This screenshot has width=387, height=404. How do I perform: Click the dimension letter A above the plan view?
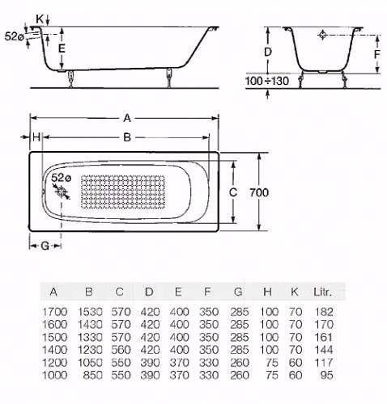click(127, 118)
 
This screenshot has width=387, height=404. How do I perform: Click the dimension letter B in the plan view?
click(127, 137)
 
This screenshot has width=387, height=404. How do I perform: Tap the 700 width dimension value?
click(259, 192)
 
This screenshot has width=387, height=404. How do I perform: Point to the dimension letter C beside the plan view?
click(233, 192)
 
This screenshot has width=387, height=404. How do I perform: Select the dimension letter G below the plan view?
click(45, 246)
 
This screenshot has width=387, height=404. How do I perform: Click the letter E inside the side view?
click(62, 48)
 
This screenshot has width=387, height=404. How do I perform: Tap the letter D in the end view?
click(267, 52)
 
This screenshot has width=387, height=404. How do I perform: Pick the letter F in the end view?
click(377, 55)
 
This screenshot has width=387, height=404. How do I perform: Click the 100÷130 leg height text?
click(267, 81)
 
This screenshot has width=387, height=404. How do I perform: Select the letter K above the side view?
click(40, 19)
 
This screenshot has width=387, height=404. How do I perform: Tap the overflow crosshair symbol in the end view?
click(322, 35)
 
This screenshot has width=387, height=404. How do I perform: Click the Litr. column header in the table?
click(322, 292)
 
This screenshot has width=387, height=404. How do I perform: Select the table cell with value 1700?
click(54, 312)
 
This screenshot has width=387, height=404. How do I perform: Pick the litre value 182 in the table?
click(324, 312)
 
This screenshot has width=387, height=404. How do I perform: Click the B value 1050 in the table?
click(90, 363)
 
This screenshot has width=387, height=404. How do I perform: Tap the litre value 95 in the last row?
click(327, 375)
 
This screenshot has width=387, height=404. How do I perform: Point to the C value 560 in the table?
click(121, 350)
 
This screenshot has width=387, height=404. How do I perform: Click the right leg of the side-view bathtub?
click(169, 78)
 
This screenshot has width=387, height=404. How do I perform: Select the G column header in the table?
click(238, 292)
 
